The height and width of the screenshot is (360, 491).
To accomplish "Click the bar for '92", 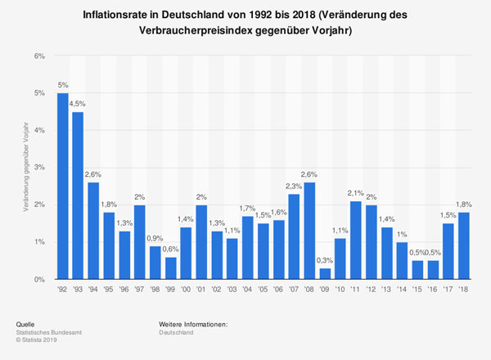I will (62, 187).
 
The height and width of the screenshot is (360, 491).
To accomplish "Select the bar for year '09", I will (326, 274).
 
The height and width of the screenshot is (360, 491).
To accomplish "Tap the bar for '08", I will (310, 231).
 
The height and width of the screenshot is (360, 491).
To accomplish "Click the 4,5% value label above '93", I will (78, 103).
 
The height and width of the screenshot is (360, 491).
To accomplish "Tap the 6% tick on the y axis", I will (38, 56).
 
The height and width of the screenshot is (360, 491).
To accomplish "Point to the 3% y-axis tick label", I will (38, 168).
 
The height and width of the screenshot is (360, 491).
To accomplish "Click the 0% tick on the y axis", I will (38, 280).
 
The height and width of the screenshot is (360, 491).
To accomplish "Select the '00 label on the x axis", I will (186, 290).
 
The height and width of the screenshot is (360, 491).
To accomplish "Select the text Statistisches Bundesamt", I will (56, 334).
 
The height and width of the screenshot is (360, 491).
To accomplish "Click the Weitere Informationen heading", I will (193, 326).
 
